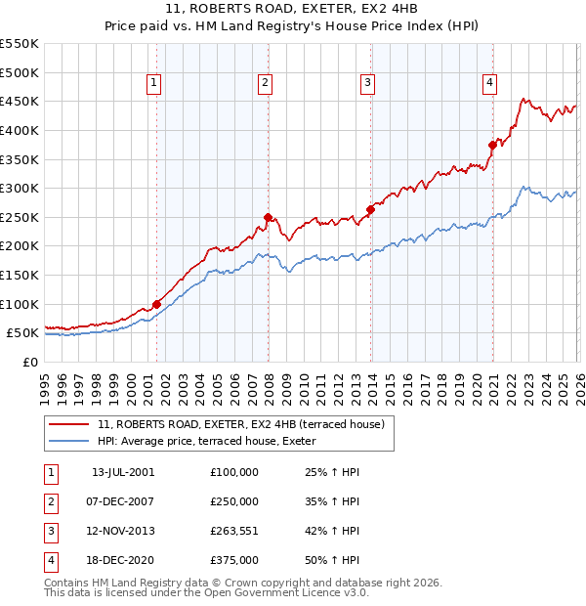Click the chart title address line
click(x=292, y=11)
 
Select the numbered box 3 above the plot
click(x=367, y=84)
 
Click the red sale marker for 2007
click(x=267, y=217)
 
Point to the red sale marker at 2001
click(x=156, y=304)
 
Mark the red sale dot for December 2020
click(x=493, y=145)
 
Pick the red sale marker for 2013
click(x=371, y=209)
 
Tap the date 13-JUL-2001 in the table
click(x=122, y=472)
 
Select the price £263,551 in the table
click(x=234, y=531)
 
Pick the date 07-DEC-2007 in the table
click(x=122, y=501)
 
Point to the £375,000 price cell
click(x=234, y=560)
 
